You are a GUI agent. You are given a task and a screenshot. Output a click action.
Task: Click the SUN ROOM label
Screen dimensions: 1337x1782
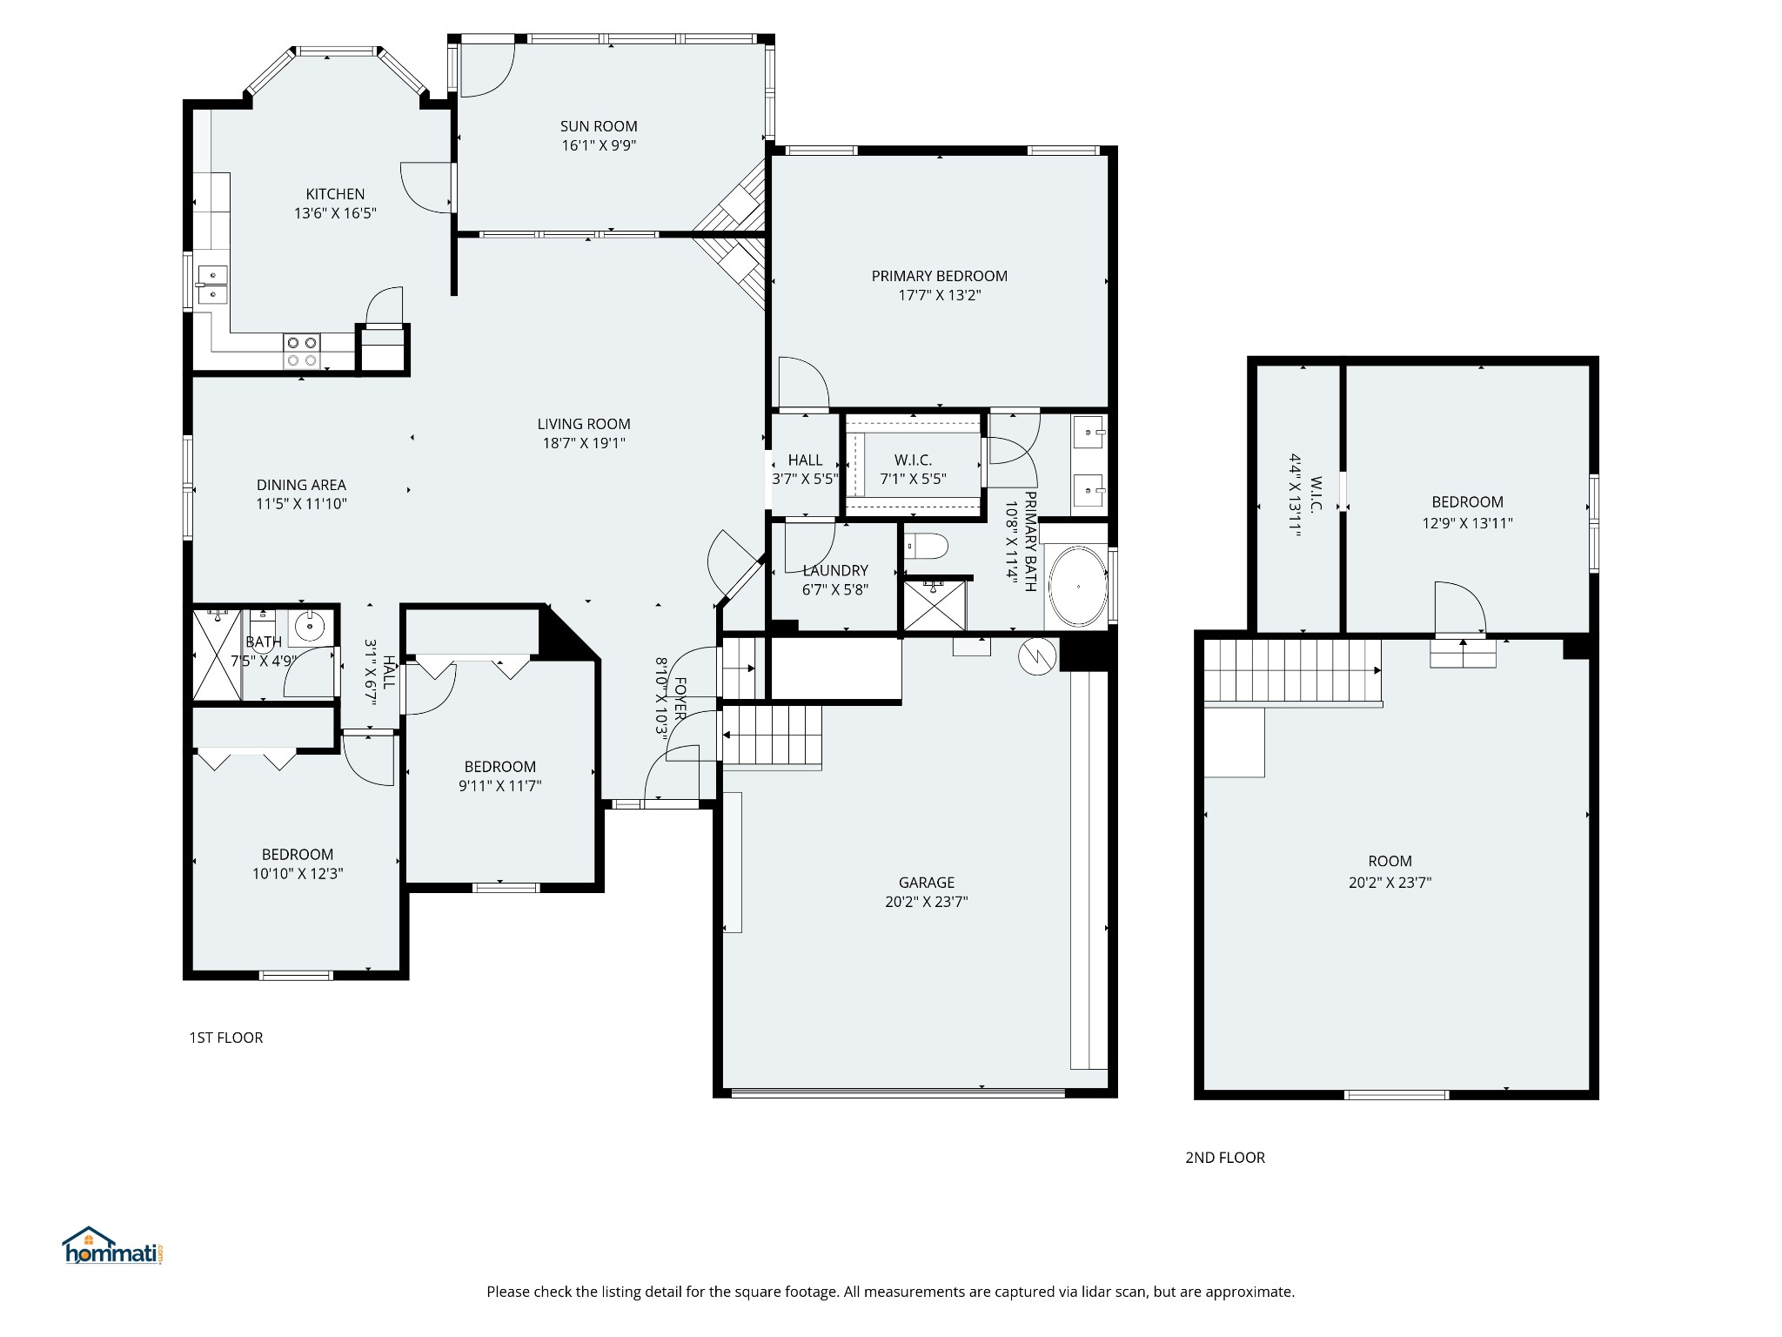click(599, 126)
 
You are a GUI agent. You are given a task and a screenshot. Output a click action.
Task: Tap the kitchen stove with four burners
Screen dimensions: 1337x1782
click(301, 352)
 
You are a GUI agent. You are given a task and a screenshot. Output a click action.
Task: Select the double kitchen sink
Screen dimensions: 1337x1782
click(211, 286)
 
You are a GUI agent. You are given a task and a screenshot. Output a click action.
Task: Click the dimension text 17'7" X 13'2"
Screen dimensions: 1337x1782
click(939, 295)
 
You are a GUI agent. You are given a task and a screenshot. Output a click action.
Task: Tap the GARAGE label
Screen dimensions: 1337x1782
click(926, 883)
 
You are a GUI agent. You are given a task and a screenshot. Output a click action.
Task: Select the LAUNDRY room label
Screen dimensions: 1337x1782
click(834, 570)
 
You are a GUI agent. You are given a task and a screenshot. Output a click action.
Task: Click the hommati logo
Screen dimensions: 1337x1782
click(112, 1247)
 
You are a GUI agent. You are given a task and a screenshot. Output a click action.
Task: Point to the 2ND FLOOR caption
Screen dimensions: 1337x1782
click(1224, 1158)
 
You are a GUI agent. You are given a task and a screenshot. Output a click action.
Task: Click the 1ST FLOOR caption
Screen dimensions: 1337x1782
click(225, 1038)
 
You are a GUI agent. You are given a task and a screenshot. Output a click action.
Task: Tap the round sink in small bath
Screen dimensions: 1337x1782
click(309, 625)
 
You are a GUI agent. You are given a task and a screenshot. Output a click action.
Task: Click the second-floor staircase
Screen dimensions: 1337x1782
click(1291, 671)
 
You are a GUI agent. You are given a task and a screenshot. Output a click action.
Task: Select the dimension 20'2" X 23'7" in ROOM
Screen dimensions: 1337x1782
click(1390, 883)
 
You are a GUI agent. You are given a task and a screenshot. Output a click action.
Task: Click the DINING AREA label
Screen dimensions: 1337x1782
click(301, 485)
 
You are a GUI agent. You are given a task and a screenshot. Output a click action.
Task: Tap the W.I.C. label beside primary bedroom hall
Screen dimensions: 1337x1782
click(913, 460)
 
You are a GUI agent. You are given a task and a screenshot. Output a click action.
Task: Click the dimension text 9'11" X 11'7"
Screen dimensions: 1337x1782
click(499, 786)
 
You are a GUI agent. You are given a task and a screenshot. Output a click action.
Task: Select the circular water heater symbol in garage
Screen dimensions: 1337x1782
click(1037, 656)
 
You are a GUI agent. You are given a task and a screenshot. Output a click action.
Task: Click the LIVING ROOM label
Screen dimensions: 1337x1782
click(583, 424)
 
